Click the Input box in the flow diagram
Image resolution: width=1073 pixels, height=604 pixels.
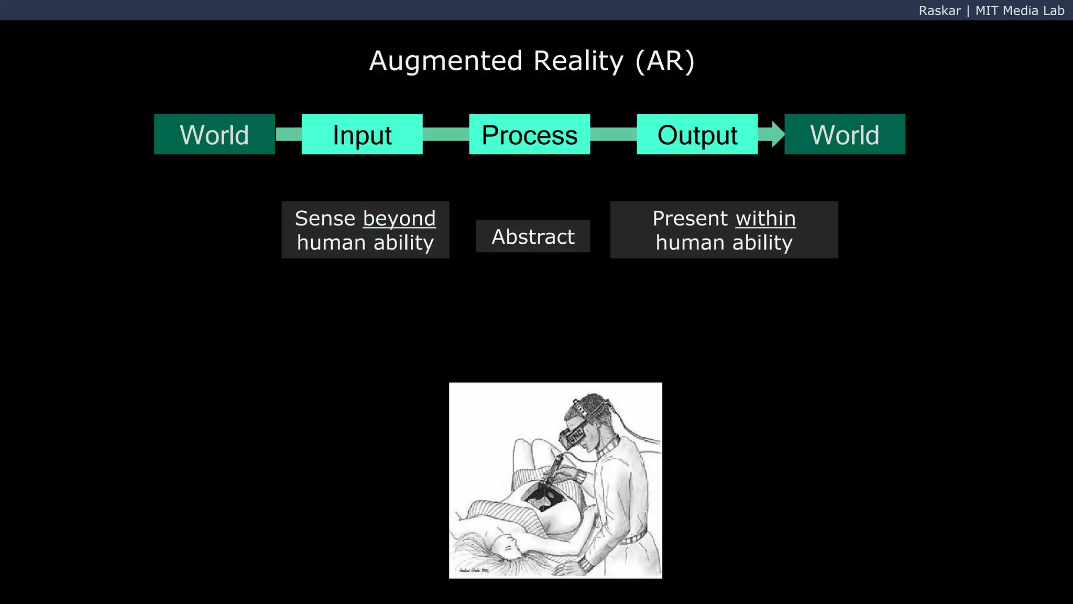pos(362,134)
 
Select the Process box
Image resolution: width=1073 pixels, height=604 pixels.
pos(529,134)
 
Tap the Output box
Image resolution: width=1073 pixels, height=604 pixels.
pos(697,134)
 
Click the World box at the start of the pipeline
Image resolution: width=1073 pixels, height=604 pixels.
pos(214,134)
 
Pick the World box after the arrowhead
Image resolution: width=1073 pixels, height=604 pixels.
pos(845,134)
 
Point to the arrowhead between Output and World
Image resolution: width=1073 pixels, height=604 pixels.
pos(777,134)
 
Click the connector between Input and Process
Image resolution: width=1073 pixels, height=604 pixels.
pos(446,134)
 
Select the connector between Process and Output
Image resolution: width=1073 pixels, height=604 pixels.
pos(613,134)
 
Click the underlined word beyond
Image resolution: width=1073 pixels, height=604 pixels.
pos(399,219)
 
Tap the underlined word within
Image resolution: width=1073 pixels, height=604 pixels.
pos(765,219)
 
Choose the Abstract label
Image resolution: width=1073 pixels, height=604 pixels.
pos(533,236)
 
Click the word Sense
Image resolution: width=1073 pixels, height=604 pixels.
pos(325,219)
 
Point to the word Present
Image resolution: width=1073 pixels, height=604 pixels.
pos(690,219)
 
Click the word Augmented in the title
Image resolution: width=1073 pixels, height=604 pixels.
pos(446,61)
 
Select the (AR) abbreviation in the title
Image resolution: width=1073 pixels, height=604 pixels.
pos(665,61)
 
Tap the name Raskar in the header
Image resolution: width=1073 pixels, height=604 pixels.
pos(939,10)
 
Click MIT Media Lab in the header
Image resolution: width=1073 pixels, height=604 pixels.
pos(1020,10)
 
